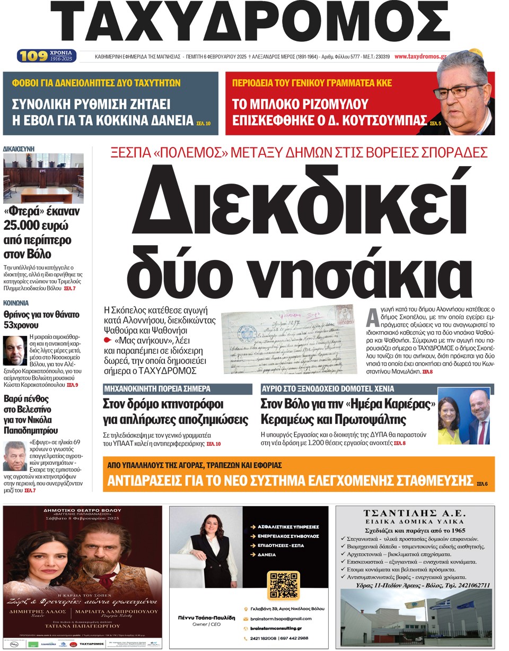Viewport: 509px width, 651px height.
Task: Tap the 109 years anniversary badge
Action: (47, 56)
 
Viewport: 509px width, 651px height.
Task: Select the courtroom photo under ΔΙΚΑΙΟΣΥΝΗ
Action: (43, 178)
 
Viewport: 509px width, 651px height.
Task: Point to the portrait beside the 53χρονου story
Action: (14, 350)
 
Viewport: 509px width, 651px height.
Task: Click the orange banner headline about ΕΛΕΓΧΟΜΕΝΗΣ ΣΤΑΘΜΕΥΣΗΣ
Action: (289, 481)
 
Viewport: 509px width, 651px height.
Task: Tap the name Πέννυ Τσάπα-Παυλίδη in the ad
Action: (203, 618)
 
